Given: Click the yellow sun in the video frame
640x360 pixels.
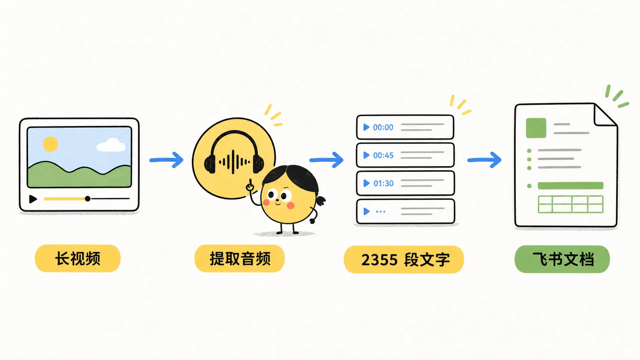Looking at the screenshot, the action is (x=50, y=144).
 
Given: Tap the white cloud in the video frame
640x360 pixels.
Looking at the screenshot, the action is (x=111, y=145).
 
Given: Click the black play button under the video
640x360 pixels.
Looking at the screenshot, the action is (x=33, y=199).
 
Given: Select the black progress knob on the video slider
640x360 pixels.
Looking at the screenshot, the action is (x=88, y=199).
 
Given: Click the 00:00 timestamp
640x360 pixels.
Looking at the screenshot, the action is (x=383, y=127).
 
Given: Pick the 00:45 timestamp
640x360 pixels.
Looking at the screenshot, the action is (x=383, y=155).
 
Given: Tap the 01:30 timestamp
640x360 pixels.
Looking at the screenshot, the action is (x=384, y=183).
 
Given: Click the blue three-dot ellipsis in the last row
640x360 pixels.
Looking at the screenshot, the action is (x=380, y=212).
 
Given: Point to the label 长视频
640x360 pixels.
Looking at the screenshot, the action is (x=78, y=259).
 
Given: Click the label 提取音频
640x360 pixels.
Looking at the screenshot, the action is (x=240, y=259).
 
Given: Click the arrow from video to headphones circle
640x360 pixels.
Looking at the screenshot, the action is (x=166, y=160).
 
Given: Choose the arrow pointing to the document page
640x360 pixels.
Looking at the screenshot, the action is (x=484, y=160).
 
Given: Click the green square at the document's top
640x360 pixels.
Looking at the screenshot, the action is (x=536, y=128).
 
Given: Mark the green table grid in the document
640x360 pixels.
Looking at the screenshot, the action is (x=571, y=204).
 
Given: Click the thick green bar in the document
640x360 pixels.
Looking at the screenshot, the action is (x=571, y=186).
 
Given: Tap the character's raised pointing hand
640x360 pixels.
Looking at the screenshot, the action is (x=250, y=185).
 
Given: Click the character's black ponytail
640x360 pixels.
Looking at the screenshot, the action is (x=320, y=200).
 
